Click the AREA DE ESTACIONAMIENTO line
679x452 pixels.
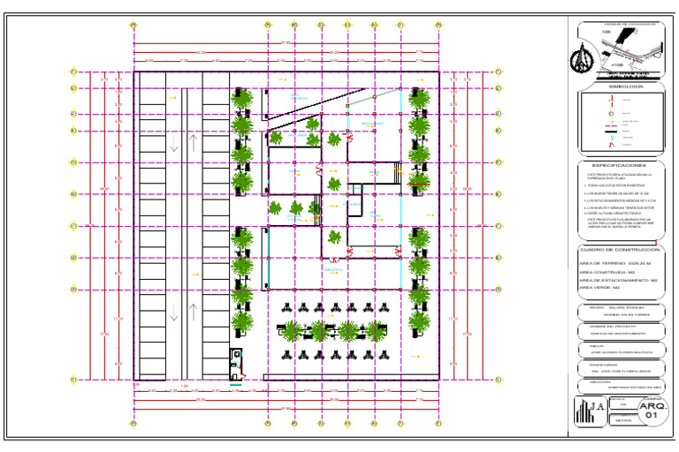coord(619,280)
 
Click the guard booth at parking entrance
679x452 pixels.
coord(235,364)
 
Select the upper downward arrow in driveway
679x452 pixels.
coord(174,144)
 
